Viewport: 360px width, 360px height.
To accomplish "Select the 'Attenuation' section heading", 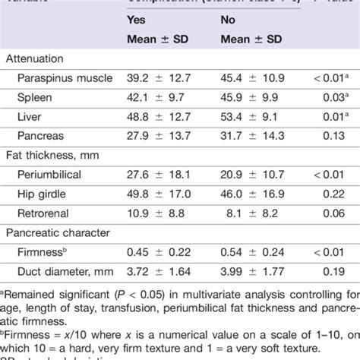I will pyautogui.click(x=36, y=58).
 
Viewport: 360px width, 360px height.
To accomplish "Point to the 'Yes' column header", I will pyautogui.click(x=136, y=21).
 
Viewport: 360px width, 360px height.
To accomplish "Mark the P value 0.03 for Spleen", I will pyautogui.click(x=332, y=96).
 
